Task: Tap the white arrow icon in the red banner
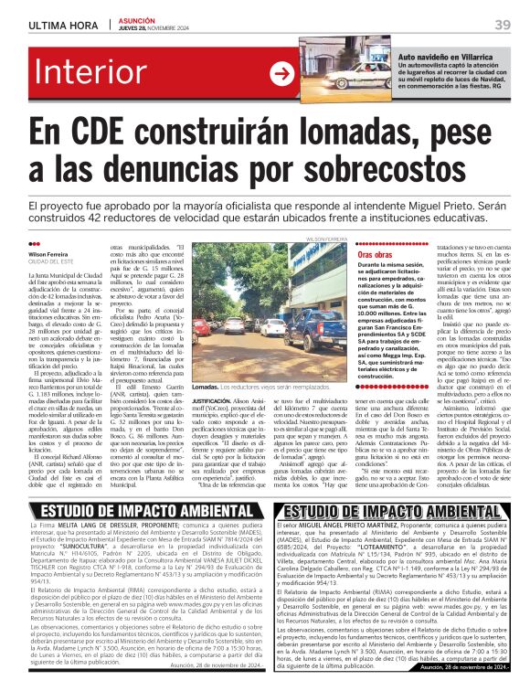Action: point(281,76)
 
